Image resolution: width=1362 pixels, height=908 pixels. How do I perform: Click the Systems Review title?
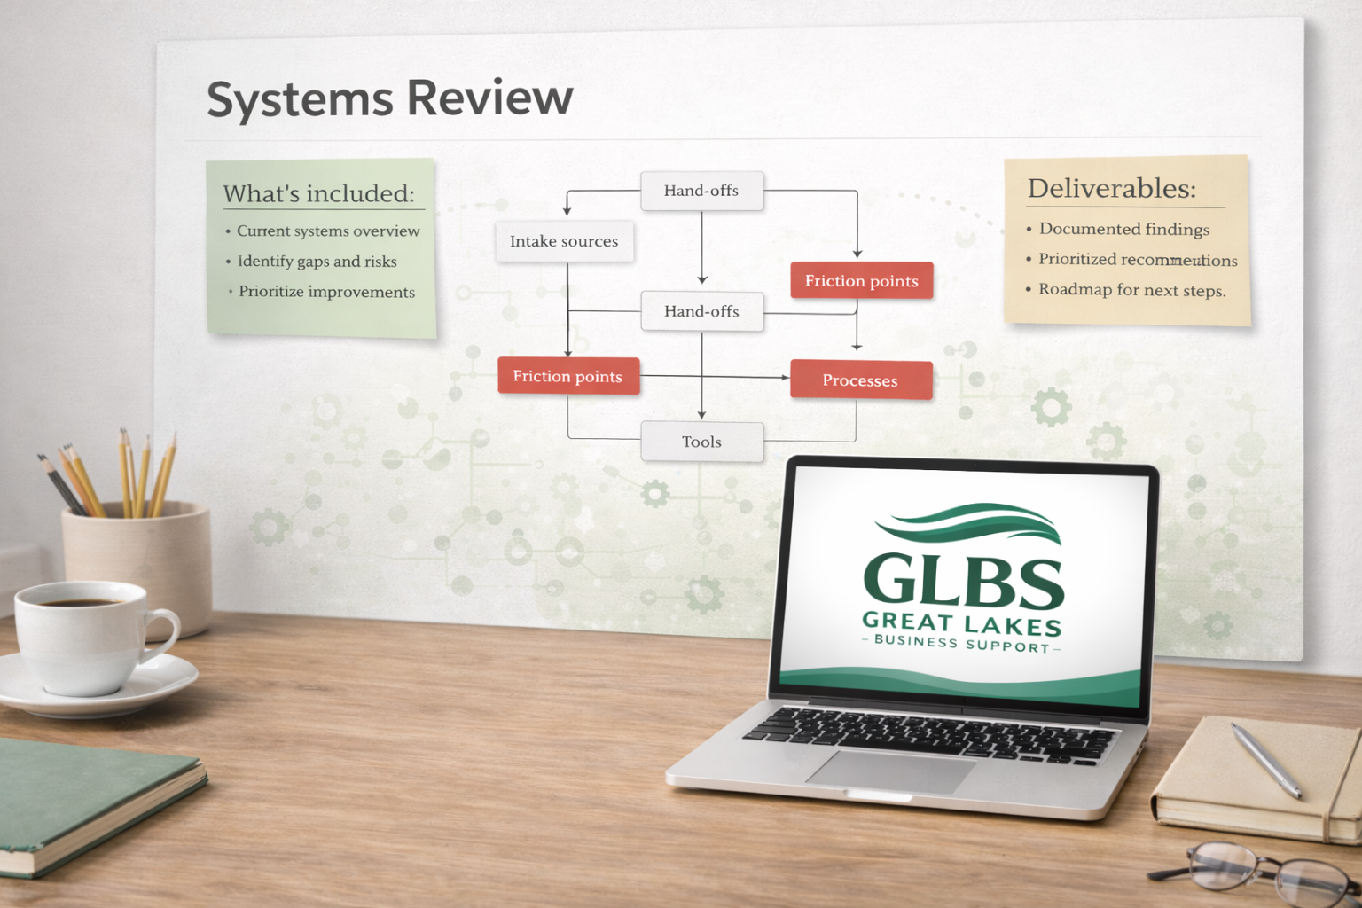point(389,98)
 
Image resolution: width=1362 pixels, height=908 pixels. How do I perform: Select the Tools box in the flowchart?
point(701,442)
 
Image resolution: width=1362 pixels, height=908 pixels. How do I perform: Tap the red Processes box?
point(860,380)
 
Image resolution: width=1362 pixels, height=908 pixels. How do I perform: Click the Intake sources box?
point(564,241)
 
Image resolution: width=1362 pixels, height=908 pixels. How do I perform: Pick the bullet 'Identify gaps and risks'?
point(317,262)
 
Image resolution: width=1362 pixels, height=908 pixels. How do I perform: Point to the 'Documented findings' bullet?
point(1123,229)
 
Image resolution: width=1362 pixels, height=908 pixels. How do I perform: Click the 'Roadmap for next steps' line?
point(1131,290)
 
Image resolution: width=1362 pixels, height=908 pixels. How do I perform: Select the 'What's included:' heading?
point(319,193)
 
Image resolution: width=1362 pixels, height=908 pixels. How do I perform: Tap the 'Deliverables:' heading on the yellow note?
point(1112,188)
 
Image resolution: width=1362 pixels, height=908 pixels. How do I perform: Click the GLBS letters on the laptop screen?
point(963,581)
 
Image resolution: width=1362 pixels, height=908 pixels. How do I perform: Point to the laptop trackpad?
point(891,771)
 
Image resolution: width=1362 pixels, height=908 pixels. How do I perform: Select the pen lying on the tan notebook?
point(1266,759)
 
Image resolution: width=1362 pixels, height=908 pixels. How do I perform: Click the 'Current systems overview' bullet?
point(328,231)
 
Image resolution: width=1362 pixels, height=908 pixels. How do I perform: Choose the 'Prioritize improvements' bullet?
point(326,292)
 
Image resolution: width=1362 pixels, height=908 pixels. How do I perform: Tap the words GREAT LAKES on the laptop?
point(961,623)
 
